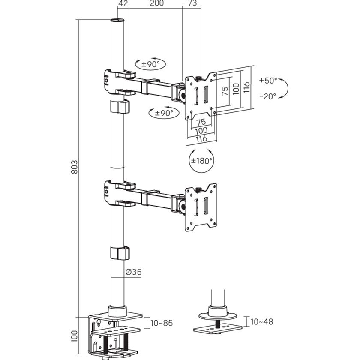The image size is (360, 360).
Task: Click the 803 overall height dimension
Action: point(74,167)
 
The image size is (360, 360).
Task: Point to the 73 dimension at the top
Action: point(192,4)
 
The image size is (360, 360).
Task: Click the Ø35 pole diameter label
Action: point(133,272)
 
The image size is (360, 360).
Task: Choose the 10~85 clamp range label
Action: point(162,322)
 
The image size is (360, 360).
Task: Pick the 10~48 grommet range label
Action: point(262,321)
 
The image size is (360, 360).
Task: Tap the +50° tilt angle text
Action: point(268,81)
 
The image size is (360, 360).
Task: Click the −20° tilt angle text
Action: point(268,96)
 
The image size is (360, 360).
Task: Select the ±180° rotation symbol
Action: point(201,161)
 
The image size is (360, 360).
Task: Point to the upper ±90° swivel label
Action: point(150,64)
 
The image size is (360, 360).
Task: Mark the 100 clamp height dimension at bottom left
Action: point(74,337)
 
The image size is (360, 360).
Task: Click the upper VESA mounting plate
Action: point(200,96)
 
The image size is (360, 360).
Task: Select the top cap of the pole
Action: point(117,21)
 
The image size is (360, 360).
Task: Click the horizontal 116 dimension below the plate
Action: point(201,138)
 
